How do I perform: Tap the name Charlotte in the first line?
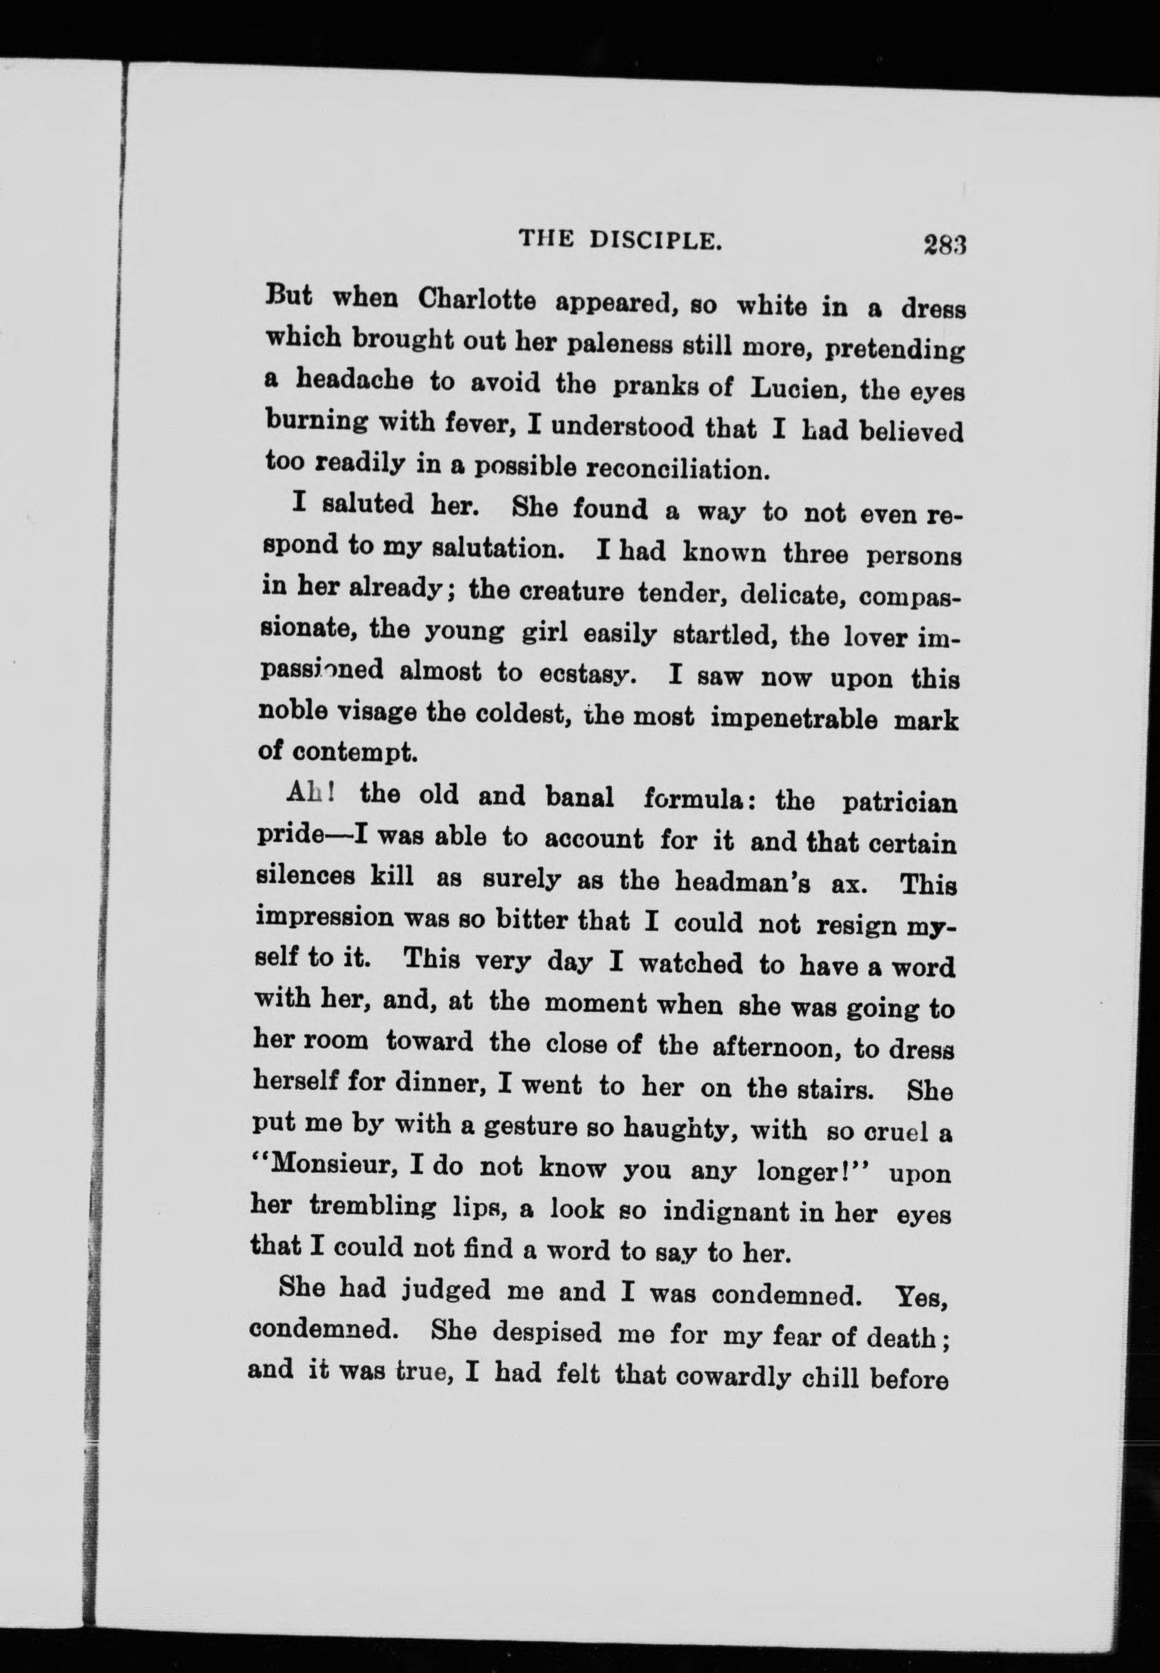[x=477, y=299]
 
